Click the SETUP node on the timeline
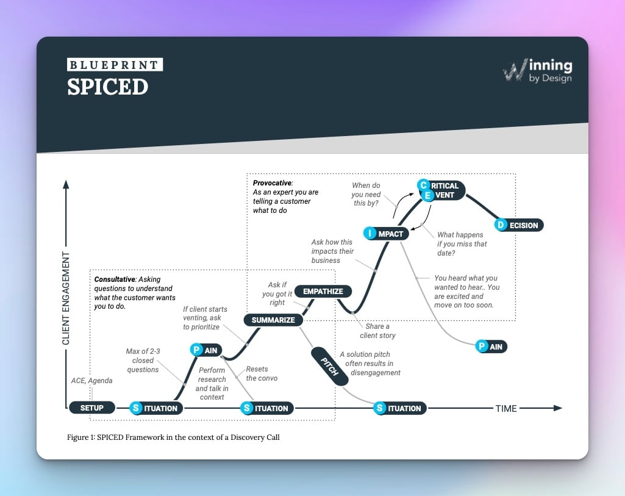point(92,408)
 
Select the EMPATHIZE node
point(323,291)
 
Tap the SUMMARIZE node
point(273,320)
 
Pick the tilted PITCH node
point(329,366)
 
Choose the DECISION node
point(519,225)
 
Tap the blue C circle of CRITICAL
point(423,185)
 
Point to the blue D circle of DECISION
point(501,225)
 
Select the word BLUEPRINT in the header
point(115,65)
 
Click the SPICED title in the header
point(107,87)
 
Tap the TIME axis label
point(505,408)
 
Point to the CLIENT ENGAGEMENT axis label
point(66,298)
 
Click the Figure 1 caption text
point(173,437)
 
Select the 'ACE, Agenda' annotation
point(91,381)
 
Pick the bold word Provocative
point(273,182)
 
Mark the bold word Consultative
point(114,279)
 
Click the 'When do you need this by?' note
point(366,194)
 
